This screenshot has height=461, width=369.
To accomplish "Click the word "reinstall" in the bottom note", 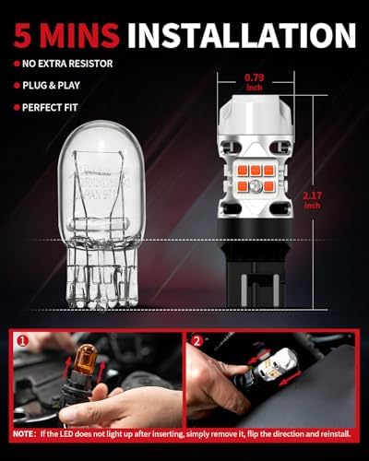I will [330, 432].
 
